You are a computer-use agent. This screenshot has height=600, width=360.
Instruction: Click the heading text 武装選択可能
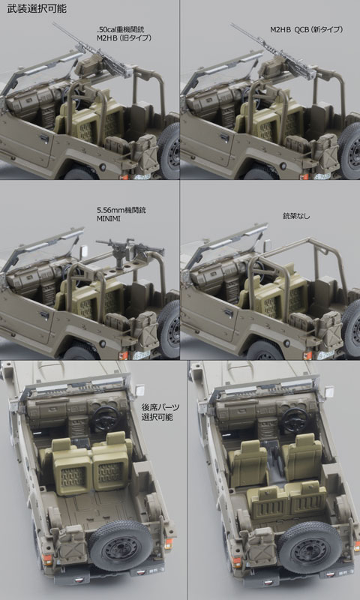click(37, 9)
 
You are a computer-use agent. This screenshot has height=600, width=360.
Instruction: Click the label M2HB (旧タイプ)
click(124, 38)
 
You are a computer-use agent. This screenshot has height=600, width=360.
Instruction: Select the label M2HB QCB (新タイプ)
click(305, 30)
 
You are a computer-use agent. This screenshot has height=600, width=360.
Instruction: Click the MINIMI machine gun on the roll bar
click(129, 249)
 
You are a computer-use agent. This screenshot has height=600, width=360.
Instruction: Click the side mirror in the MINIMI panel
click(83, 251)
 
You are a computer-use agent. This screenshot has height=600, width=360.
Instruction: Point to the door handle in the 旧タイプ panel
click(45, 137)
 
